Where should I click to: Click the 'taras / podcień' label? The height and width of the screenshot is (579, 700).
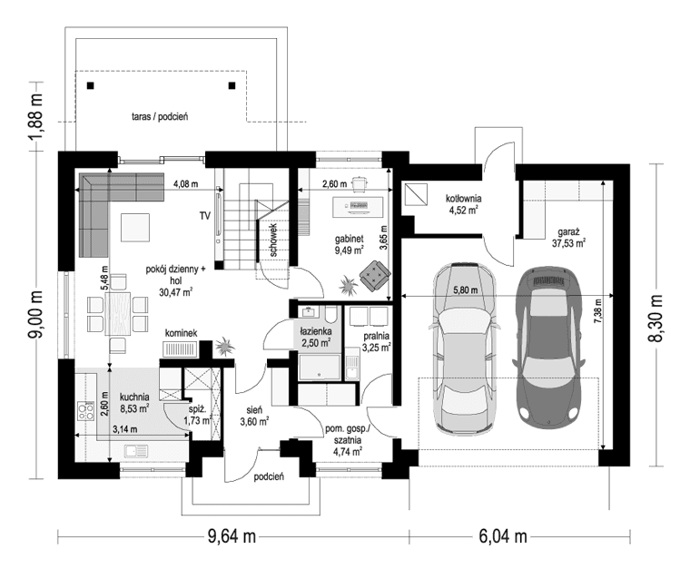click(x=157, y=117)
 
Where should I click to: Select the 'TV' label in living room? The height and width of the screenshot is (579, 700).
click(x=206, y=216)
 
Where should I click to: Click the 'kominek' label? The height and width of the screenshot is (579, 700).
click(x=181, y=334)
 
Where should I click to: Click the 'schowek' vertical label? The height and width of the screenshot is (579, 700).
click(x=273, y=242)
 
